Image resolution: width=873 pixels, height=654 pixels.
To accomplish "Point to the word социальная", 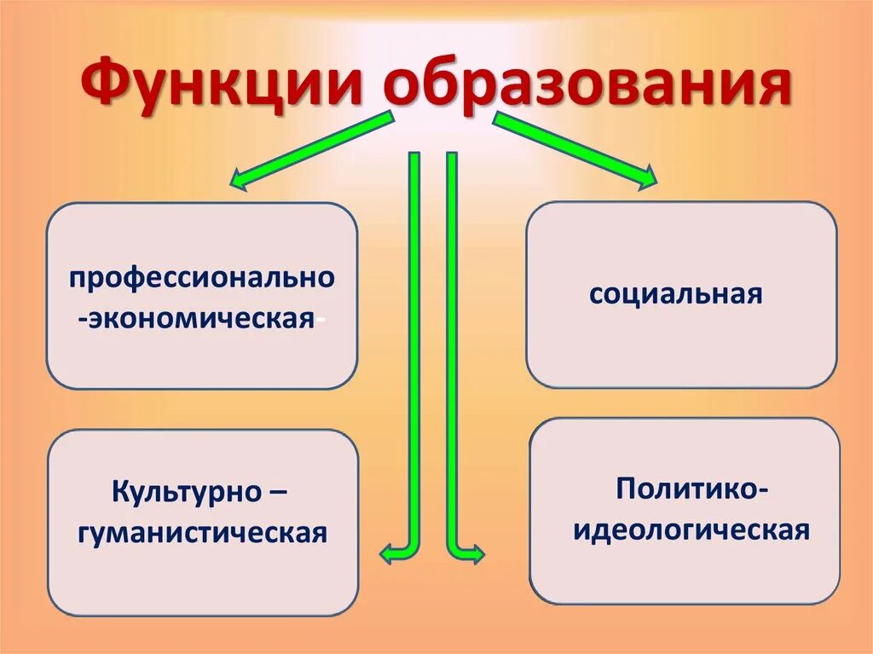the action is click(675, 295).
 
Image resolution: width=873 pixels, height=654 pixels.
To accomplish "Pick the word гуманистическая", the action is click(202, 533).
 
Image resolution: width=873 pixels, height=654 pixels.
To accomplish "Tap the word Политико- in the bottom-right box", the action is click(693, 489).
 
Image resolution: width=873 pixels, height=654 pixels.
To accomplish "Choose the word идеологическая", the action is click(691, 530).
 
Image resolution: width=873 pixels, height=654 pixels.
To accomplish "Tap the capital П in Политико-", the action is click(627, 489).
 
